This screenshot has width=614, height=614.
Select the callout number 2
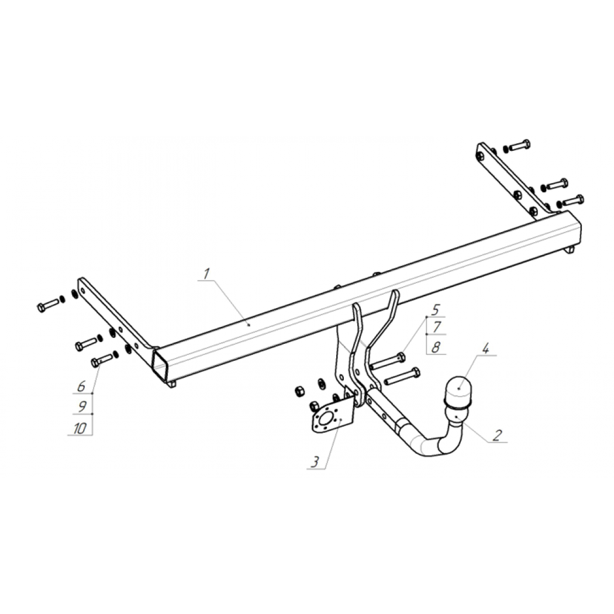[497, 435]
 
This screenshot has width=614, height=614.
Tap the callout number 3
[315, 462]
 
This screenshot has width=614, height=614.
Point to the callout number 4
[485, 349]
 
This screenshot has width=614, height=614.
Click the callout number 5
[436, 310]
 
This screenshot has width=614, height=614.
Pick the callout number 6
[81, 387]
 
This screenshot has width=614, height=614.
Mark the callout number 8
[436, 347]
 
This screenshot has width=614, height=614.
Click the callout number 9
[82, 407]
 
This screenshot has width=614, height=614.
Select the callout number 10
[80, 429]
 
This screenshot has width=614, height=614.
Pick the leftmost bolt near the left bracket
[48, 305]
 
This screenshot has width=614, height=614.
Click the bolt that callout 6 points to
[102, 360]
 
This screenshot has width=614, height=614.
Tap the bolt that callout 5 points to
[388, 361]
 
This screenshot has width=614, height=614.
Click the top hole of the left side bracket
[82, 291]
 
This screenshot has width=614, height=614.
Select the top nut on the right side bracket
[480, 157]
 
